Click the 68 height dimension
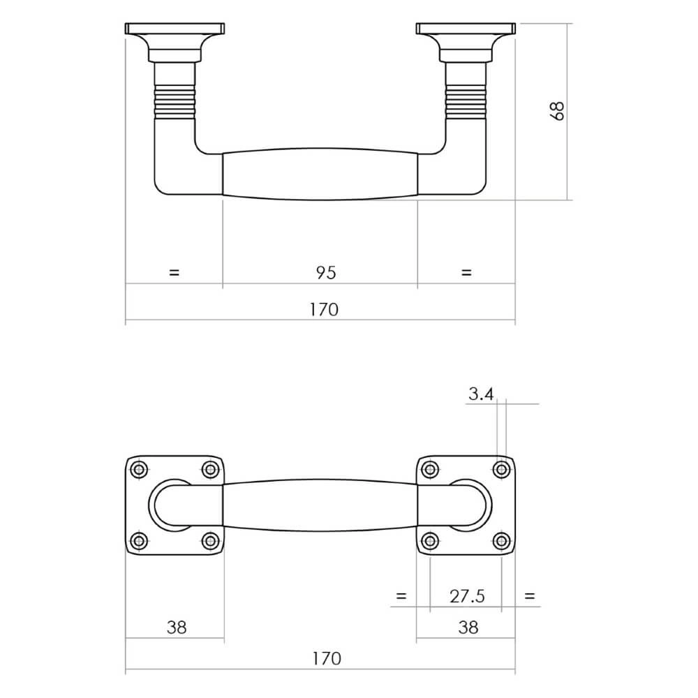coord(557,112)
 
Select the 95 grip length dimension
coord(325,272)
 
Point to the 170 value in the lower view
coord(325,658)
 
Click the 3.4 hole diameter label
coord(481,395)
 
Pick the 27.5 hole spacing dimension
coord(467,596)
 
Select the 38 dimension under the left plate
coord(177,627)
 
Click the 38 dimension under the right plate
coord(468,627)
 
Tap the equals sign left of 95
coord(174,272)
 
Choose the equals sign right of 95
coord(467,272)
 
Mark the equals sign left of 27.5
coord(401,596)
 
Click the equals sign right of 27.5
coord(530,596)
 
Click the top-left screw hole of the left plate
coord(140,469)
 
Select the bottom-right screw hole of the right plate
coord(500,541)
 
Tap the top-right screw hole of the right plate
coord(500,469)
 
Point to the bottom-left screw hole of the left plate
coord(140,541)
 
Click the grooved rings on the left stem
coord(174,102)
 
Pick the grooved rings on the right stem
coord(466,102)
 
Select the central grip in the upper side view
coord(320,174)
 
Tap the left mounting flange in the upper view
coord(174,29)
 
